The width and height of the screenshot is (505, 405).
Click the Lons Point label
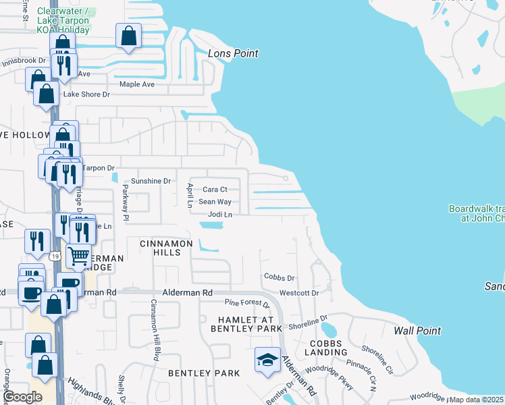[233, 53]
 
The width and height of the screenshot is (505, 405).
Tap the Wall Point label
[417, 331]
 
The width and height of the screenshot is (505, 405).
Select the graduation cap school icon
[267, 359]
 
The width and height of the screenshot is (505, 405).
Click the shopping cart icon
[79, 256]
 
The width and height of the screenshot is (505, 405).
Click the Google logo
[22, 397]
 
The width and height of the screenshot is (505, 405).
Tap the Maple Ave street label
[137, 84]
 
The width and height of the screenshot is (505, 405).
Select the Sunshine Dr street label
[151, 181]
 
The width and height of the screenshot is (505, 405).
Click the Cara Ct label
[215, 190]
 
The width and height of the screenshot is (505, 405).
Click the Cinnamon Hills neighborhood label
[160, 247]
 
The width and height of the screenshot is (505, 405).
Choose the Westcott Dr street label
[298, 293]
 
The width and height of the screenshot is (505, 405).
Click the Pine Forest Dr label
[246, 304]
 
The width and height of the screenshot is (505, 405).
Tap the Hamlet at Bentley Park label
[246, 323]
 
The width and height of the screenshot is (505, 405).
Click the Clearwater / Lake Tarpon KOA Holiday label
[63, 21]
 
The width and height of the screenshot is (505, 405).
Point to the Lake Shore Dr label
[86, 94]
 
